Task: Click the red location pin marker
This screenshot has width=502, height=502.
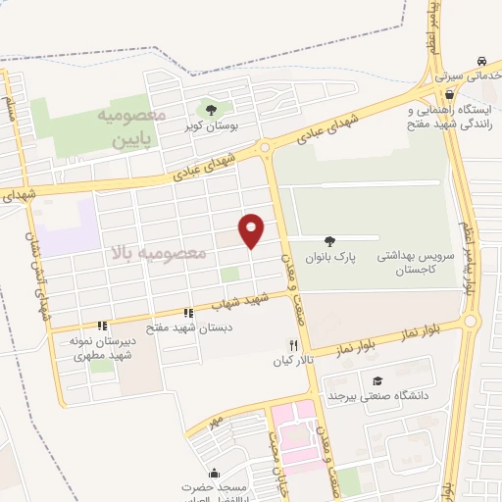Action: point(253,230)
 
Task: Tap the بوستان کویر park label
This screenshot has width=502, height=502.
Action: point(210,127)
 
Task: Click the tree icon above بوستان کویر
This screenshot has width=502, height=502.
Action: point(210,109)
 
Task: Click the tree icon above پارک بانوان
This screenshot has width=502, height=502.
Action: point(328,239)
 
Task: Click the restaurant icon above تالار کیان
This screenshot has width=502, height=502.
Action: point(292,345)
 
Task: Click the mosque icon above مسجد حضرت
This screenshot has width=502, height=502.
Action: point(214,473)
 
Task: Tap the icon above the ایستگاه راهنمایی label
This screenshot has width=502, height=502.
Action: point(449,94)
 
